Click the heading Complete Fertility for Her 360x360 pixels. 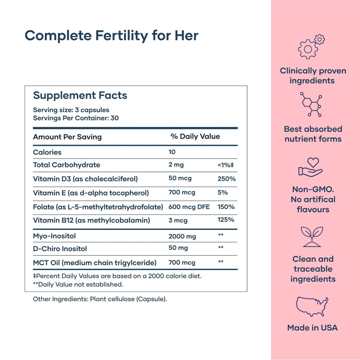coord(112,36)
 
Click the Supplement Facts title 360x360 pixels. coord(80,95)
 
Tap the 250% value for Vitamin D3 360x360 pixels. coord(226,179)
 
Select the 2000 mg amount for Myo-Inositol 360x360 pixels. coord(182,236)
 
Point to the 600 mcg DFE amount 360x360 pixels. coord(189,207)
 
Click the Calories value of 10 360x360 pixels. coord(172,152)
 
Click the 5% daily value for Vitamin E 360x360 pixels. coord(223,192)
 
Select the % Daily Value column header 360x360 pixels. coord(195,136)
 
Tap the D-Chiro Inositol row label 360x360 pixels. coord(60,249)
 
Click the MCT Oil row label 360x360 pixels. coord(95,262)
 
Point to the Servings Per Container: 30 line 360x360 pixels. coord(76,118)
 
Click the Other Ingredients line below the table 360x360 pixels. coord(100,299)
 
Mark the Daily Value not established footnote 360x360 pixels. coord(78,284)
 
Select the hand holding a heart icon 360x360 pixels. coord(311,167)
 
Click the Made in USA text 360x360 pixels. coord(312,328)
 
